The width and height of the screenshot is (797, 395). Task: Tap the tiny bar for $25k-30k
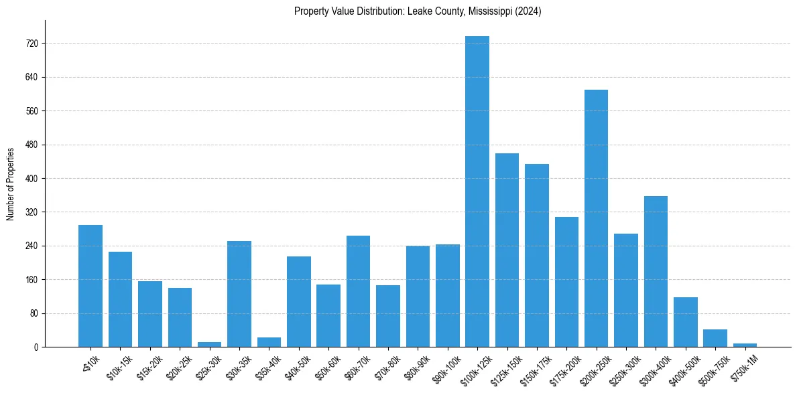point(209,344)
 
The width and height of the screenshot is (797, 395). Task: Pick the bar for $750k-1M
point(745,345)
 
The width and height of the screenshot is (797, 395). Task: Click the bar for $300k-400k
point(656,271)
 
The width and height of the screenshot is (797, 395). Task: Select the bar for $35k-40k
point(269,342)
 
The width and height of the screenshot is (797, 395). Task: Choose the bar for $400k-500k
point(685,322)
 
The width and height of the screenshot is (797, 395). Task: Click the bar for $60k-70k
point(358,291)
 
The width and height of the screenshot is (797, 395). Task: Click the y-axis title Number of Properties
point(10,183)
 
